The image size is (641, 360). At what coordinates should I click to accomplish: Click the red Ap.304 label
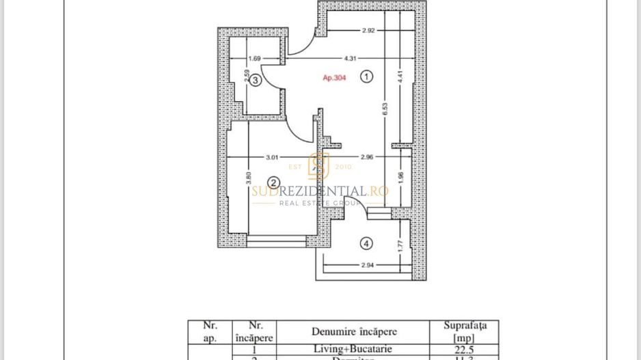tap(334, 78)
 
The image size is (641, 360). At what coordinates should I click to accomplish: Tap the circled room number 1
tap(367, 77)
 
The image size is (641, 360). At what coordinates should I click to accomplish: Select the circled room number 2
tap(273, 182)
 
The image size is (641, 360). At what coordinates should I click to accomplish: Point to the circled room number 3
tap(255, 80)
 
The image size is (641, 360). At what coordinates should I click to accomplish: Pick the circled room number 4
tap(367, 243)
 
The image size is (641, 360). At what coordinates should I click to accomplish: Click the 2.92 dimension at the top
tap(368, 31)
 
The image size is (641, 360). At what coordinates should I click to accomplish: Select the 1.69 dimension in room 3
tap(254, 59)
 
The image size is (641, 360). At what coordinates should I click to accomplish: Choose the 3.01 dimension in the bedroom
tap(271, 157)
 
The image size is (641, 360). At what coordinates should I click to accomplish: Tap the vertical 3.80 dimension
tap(248, 178)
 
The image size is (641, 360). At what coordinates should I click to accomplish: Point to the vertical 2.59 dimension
tap(246, 75)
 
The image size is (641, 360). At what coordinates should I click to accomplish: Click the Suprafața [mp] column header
tap(465, 331)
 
